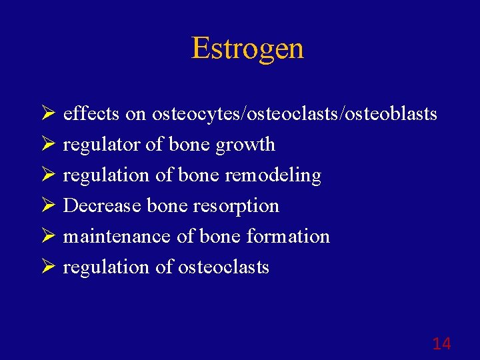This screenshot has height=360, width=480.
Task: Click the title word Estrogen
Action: [247, 48]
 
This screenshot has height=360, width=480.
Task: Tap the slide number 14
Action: [441, 344]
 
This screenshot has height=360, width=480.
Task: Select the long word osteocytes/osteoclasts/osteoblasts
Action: [295, 115]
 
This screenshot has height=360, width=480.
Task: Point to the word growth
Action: [245, 145]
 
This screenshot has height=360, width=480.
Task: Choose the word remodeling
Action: [273, 175]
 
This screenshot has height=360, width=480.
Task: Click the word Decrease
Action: [103, 205]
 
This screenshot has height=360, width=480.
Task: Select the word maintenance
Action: [117, 236]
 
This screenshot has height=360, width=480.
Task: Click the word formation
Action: [288, 236]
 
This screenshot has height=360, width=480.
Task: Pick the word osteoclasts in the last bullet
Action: [223, 267]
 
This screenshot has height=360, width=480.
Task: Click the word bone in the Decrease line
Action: [163, 205]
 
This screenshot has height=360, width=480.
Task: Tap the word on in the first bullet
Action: [135, 115]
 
